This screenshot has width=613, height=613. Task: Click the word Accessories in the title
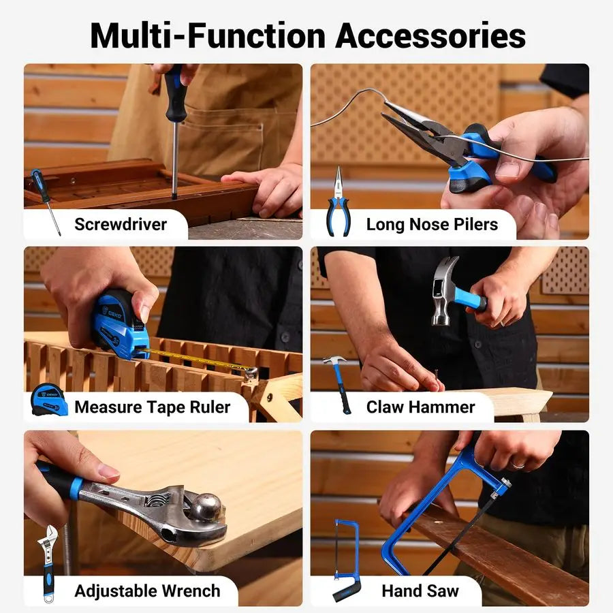point(430,35)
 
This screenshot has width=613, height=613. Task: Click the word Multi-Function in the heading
point(207,35)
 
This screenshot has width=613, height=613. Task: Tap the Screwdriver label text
point(121,224)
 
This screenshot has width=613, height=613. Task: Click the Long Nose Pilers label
point(432,224)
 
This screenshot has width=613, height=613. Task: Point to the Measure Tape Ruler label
point(153,407)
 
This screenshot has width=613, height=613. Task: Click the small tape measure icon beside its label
point(49,400)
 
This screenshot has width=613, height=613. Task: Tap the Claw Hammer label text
point(420,407)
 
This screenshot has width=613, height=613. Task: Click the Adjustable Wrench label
point(147,591)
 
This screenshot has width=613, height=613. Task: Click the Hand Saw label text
point(420,591)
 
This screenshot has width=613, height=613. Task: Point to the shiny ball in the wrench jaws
point(206,507)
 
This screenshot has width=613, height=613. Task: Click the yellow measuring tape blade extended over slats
point(198,359)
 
